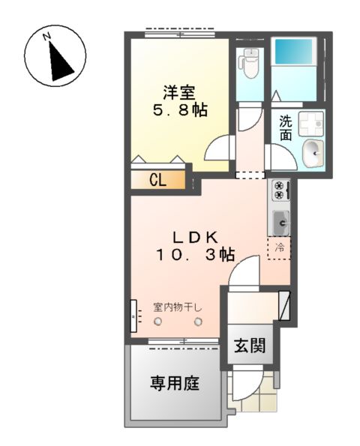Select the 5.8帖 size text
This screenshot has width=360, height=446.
[179, 111]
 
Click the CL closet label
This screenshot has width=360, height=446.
[157, 180]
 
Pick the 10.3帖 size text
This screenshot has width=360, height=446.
[192, 256]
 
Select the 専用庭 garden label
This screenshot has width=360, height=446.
[174, 385]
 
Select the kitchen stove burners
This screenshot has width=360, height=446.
[280, 190]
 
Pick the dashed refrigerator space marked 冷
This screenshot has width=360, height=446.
[279, 247]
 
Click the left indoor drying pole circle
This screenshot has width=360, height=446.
[158, 322]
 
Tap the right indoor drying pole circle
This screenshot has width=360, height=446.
[198, 322]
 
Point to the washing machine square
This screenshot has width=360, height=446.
[310, 123]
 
